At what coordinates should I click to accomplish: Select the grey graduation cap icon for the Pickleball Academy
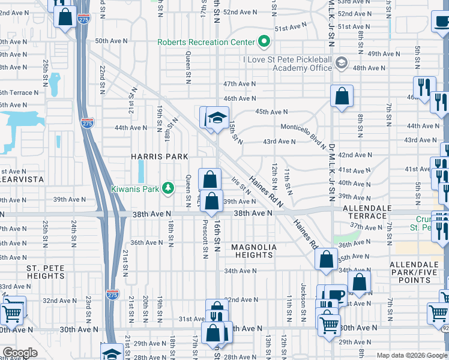(x=341, y=62)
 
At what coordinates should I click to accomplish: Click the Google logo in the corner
(x=20, y=352)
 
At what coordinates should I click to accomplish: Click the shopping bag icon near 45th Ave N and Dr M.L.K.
(x=342, y=96)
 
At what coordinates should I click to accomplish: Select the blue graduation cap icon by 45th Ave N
(x=218, y=116)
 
